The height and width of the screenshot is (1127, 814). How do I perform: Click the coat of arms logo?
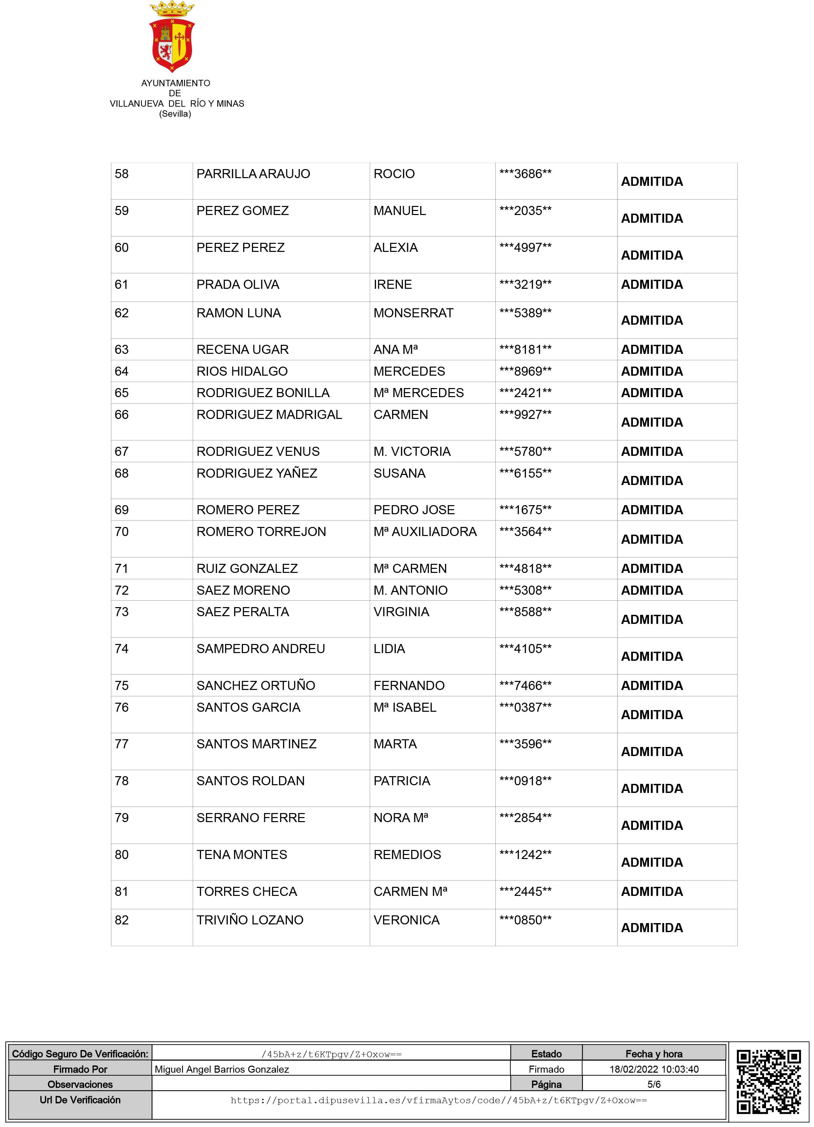(x=172, y=37)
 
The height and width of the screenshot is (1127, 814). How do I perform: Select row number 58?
(x=122, y=174)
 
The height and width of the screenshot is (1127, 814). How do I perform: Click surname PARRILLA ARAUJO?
(x=253, y=174)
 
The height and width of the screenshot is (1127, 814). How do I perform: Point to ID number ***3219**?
(x=525, y=285)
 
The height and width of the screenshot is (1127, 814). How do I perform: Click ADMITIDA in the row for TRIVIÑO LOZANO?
(x=652, y=928)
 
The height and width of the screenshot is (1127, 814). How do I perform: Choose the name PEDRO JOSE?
(x=414, y=510)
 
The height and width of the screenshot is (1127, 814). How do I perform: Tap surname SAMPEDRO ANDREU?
(x=260, y=649)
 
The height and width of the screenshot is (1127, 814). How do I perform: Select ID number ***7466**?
(x=525, y=686)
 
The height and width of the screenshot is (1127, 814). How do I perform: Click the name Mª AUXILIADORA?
(x=425, y=532)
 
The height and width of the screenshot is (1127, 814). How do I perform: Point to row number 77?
(x=122, y=744)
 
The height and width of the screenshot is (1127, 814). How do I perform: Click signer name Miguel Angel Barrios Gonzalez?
(x=222, y=1069)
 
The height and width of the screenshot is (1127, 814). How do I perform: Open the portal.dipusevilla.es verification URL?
(x=438, y=1100)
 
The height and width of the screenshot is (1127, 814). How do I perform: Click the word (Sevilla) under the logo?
(x=175, y=114)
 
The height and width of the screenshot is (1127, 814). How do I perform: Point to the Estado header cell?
(x=546, y=1054)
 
